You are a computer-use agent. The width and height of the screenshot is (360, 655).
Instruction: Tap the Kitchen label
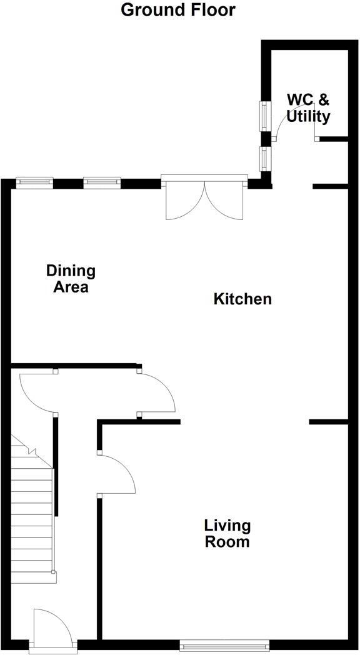(x=242, y=299)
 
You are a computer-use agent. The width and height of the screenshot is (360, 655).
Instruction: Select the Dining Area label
(x=71, y=279)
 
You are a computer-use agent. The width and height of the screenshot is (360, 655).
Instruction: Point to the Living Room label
(x=227, y=533)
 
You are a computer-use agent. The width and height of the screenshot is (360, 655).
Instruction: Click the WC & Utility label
(x=308, y=108)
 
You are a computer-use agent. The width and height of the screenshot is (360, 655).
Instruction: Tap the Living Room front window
(x=224, y=644)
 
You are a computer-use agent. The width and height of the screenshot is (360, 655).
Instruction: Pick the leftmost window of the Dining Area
(x=34, y=182)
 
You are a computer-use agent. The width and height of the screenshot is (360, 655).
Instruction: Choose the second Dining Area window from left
(x=101, y=182)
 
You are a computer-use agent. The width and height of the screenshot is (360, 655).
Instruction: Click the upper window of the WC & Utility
(x=264, y=116)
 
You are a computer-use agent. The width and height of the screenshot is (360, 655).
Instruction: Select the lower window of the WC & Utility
(x=264, y=159)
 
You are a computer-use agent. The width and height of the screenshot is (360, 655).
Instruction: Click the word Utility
(x=309, y=116)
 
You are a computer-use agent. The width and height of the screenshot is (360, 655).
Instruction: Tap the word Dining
(x=71, y=271)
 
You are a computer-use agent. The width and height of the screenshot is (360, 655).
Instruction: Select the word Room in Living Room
(x=227, y=541)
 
